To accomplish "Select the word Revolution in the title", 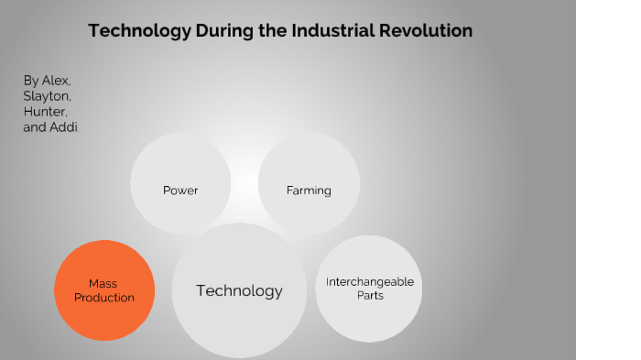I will coord(429,31).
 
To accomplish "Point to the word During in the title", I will coord(224,31).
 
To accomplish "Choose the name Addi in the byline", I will coord(67,127).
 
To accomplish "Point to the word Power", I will coord(180,191).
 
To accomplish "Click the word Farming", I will coord(308,191).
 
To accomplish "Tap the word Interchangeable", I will coord(370,282).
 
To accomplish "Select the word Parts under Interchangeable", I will coord(370,296).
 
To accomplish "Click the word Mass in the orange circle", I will coord(103,284).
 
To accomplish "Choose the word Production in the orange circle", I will coord(103,298).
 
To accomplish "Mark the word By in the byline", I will coord(31,81).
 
